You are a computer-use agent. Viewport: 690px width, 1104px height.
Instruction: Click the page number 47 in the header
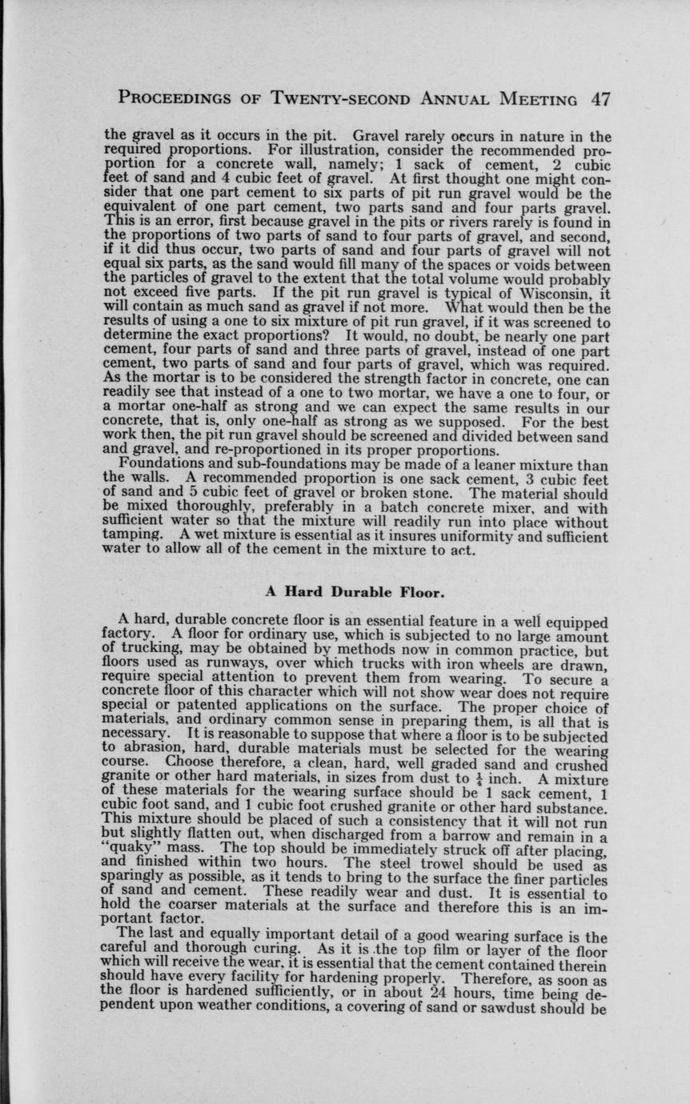coord(600,99)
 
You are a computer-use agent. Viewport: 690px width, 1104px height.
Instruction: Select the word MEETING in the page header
coord(540,99)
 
